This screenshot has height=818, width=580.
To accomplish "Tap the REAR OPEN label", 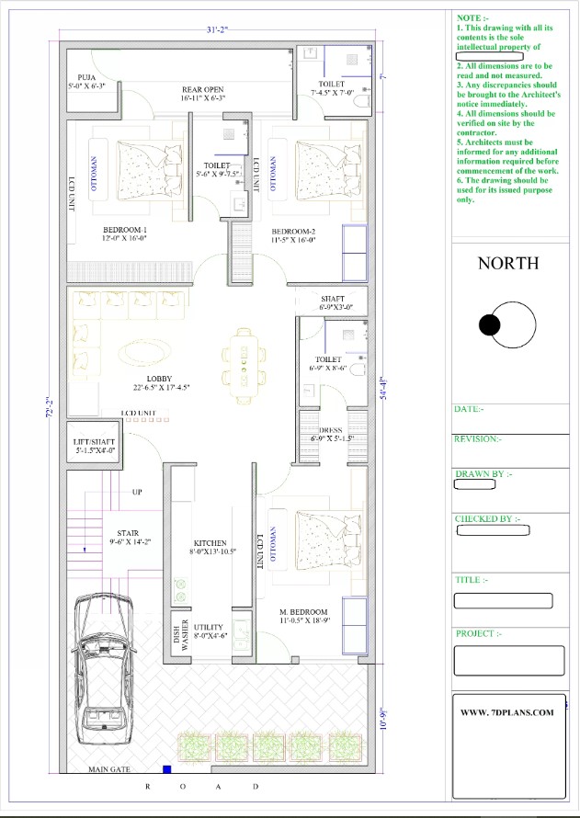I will coord(202,90).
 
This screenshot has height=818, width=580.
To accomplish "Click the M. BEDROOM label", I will coord(303,612).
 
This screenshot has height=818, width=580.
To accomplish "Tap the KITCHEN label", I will coord(210,543).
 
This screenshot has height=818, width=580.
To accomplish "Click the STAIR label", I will coord(127,532).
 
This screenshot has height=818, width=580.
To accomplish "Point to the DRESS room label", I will coord(331,430).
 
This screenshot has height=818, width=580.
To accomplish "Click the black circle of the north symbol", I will coord(490,324).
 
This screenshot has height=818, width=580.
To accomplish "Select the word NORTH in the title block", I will coord(508,264).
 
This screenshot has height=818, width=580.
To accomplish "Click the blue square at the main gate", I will coord(167,769).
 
